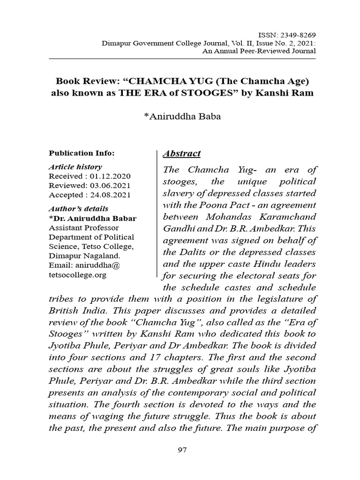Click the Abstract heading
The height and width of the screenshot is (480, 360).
181,154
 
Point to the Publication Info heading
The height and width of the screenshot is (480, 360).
82,152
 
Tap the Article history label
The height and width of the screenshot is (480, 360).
75,167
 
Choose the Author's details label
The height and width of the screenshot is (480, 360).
78,209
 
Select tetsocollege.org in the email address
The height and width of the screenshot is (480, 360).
78,275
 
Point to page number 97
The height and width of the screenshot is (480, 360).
182,450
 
